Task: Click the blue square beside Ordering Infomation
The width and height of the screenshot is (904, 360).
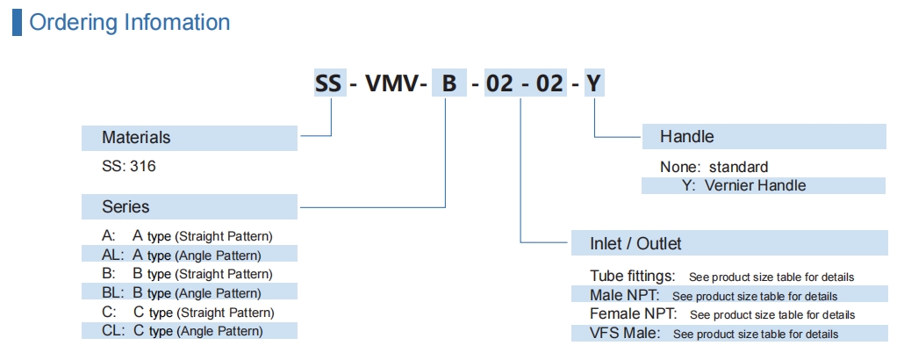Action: (17, 22)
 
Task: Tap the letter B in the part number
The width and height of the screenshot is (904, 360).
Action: (448, 84)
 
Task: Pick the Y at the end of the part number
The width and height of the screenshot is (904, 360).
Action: (594, 84)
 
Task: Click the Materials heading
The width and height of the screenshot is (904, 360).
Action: (136, 137)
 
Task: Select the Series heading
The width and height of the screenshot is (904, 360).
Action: (126, 207)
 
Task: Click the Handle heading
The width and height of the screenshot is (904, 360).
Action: (686, 137)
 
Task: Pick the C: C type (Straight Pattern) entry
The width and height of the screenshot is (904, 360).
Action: (188, 313)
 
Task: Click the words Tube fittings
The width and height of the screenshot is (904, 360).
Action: (632, 276)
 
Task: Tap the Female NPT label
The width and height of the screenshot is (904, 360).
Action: (635, 313)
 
